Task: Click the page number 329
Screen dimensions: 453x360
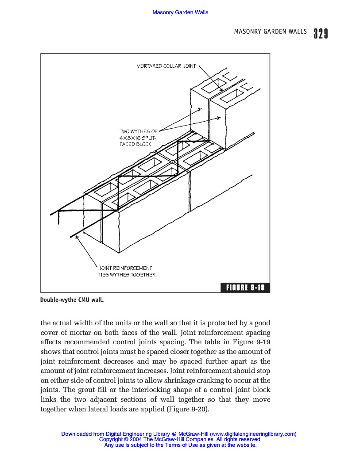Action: coord(321,34)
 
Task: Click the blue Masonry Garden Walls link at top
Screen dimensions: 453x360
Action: coord(180,12)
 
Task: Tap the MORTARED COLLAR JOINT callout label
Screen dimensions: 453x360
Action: coord(166,66)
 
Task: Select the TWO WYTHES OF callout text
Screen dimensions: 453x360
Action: coord(138,131)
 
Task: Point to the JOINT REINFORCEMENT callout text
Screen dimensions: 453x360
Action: coord(125,268)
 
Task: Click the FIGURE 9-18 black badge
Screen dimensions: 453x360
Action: coord(245,288)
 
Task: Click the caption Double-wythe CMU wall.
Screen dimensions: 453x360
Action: coord(72,300)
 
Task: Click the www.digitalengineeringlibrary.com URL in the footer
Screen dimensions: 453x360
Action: coord(253,434)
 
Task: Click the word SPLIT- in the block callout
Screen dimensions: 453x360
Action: coord(144,138)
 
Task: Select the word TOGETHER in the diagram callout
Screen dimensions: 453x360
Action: coord(143,275)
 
